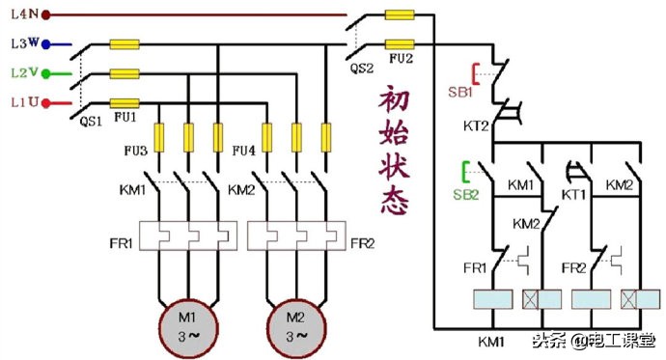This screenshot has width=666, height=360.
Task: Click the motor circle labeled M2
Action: pyautogui.click(x=292, y=318)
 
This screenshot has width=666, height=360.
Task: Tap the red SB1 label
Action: pyautogui.click(x=459, y=92)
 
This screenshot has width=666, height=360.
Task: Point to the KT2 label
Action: pyautogui.click(x=477, y=126)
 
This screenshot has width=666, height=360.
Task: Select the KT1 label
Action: pyautogui.click(x=574, y=194)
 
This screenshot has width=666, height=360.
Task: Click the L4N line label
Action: pyautogui.click(x=22, y=15)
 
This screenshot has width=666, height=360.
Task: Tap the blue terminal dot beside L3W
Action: pyautogui.click(x=44, y=43)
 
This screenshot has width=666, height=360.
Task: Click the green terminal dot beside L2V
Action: pyautogui.click(x=44, y=72)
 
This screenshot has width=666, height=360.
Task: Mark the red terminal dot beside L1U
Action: pyautogui.click(x=44, y=101)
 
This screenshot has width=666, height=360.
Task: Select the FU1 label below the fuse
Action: pyautogui.click(x=125, y=115)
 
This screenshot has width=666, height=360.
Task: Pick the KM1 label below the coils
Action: pyautogui.click(x=493, y=341)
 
